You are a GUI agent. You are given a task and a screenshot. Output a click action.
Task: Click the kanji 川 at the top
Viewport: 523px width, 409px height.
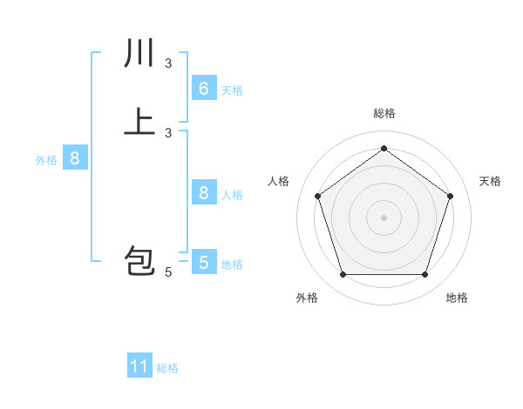139,54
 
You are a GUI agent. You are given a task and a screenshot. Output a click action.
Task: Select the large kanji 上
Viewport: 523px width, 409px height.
139,121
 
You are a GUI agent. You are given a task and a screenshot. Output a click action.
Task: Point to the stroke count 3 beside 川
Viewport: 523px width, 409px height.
168,64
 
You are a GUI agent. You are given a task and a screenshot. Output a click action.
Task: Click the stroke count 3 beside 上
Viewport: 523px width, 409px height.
168,132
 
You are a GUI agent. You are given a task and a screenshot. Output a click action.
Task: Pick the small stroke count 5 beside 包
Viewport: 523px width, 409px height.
168,273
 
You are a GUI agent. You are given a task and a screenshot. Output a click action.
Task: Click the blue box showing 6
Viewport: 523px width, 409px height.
204,89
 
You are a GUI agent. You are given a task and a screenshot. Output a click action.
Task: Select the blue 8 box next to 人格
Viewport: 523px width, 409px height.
204,193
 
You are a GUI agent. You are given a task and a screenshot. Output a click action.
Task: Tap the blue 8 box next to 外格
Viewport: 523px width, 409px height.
75,158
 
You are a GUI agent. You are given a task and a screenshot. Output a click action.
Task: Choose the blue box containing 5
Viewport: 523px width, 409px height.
204,262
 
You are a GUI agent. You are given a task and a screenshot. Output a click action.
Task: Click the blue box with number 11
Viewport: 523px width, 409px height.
139,366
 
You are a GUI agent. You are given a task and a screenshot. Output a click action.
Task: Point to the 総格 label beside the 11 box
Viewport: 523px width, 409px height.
167,368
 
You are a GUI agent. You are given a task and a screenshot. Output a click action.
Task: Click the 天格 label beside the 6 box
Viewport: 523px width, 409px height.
232,91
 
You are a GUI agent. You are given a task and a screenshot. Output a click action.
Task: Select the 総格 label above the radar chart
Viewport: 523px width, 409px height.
384,113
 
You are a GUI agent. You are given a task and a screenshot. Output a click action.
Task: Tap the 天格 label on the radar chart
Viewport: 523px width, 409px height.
490,181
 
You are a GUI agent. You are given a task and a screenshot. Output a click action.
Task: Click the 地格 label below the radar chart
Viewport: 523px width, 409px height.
457,298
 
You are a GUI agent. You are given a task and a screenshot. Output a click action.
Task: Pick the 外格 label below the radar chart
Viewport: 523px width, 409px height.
307,298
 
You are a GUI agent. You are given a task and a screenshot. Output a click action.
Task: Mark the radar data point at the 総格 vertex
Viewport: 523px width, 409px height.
384,148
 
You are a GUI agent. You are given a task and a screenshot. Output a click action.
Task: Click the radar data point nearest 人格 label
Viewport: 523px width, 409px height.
317,196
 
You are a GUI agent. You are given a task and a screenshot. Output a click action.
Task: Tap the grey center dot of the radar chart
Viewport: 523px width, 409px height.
384,217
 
